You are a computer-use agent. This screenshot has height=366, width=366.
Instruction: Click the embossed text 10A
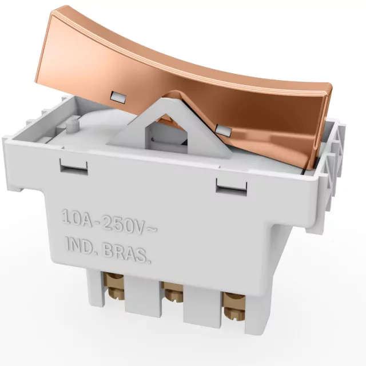pyautogui.click(x=77, y=218)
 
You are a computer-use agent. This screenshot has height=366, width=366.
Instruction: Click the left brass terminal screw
pyautogui.click(x=115, y=286)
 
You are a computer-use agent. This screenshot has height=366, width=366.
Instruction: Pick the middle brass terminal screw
pyautogui.click(x=172, y=292)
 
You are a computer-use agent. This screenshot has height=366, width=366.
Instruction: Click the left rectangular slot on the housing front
pyautogui.click(x=74, y=166)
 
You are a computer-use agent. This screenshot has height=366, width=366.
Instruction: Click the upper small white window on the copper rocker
pyautogui.click(x=119, y=97)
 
